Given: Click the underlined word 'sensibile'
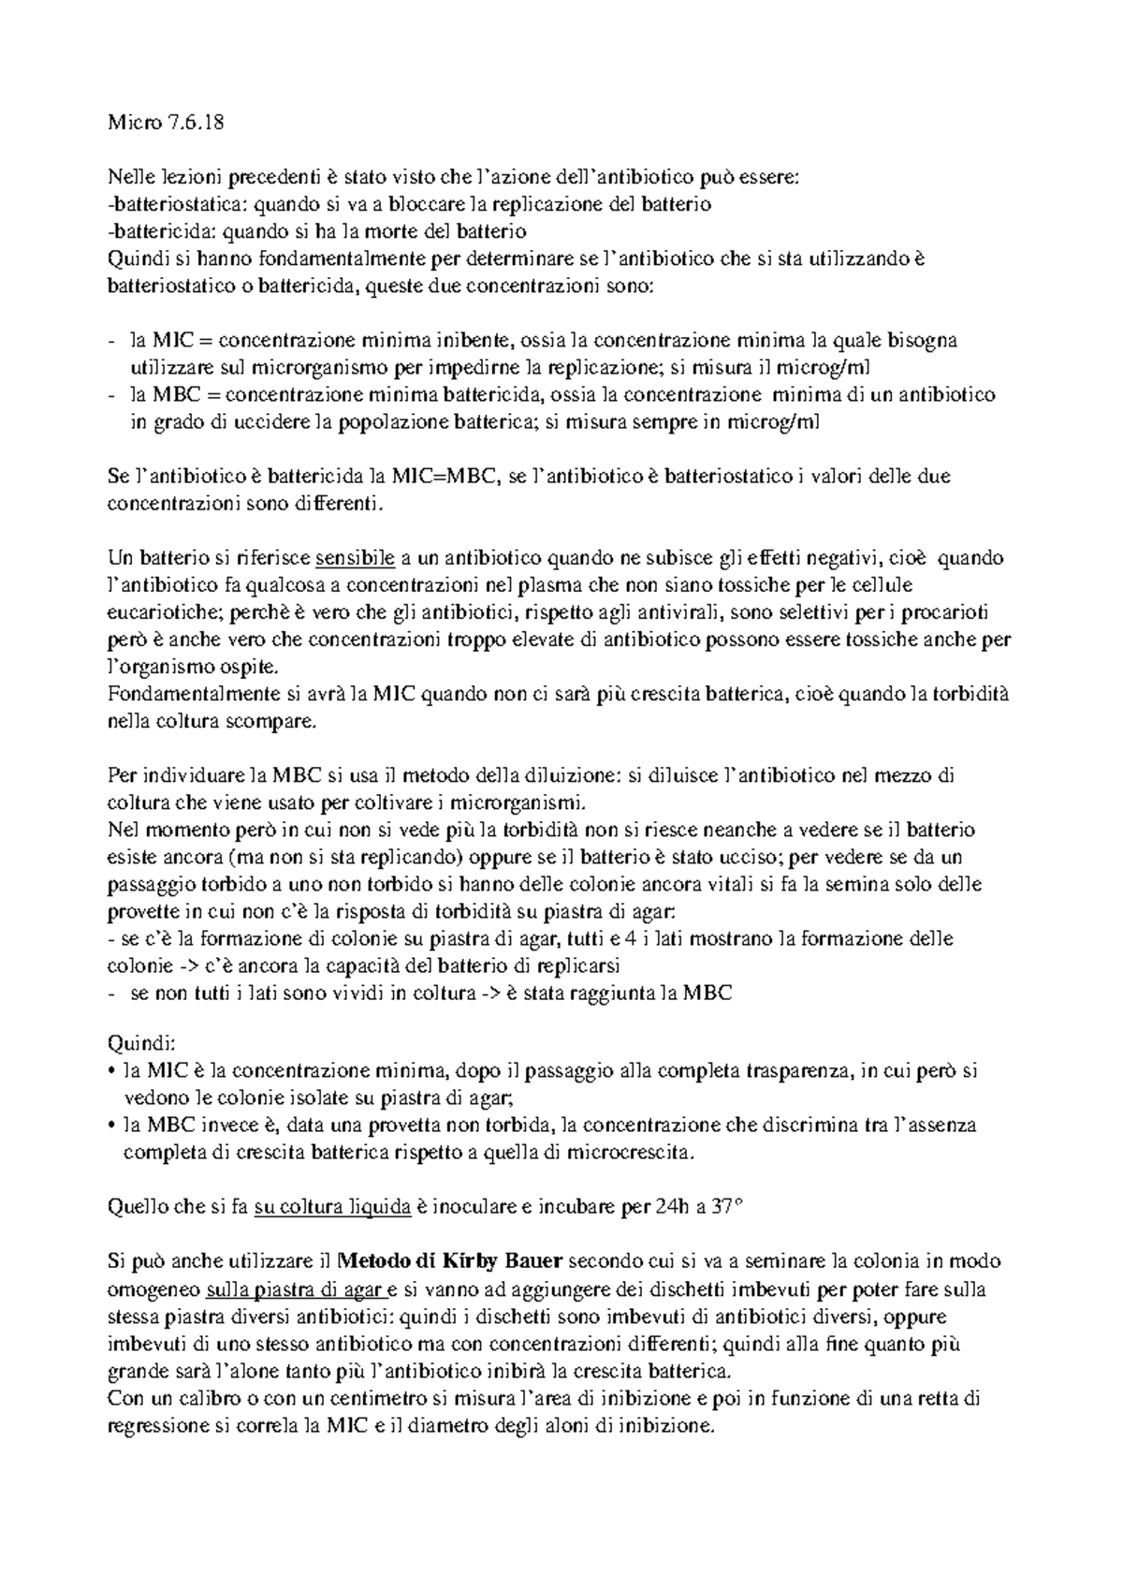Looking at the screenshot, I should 356,558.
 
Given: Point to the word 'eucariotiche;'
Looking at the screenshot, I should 165,612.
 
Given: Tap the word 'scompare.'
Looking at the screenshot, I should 284,722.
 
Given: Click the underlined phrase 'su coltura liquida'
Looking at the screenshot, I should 333,1207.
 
